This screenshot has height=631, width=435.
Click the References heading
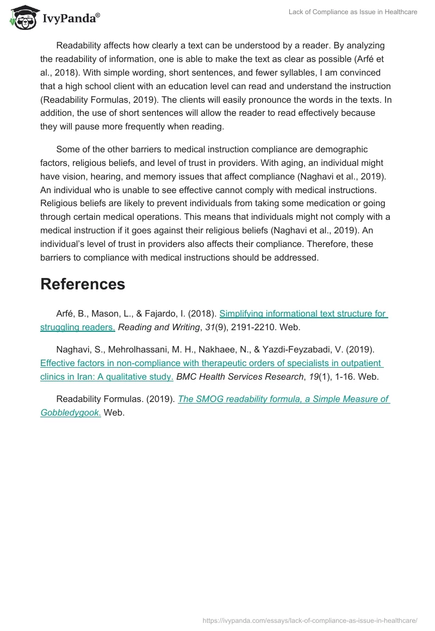pos(83,284)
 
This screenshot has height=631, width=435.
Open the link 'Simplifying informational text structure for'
pos(303,314)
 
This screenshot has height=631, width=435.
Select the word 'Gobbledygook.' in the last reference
pos(71,413)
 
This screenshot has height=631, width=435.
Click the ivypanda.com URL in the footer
pos(309,620)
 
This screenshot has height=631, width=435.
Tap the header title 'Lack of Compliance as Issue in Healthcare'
pos(353,12)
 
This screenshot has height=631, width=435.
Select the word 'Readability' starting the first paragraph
pos(83,45)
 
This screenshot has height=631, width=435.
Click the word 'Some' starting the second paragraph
pos(68,149)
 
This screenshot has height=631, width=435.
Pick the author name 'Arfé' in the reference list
pos(67,314)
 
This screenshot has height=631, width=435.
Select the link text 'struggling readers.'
pos(78,327)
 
